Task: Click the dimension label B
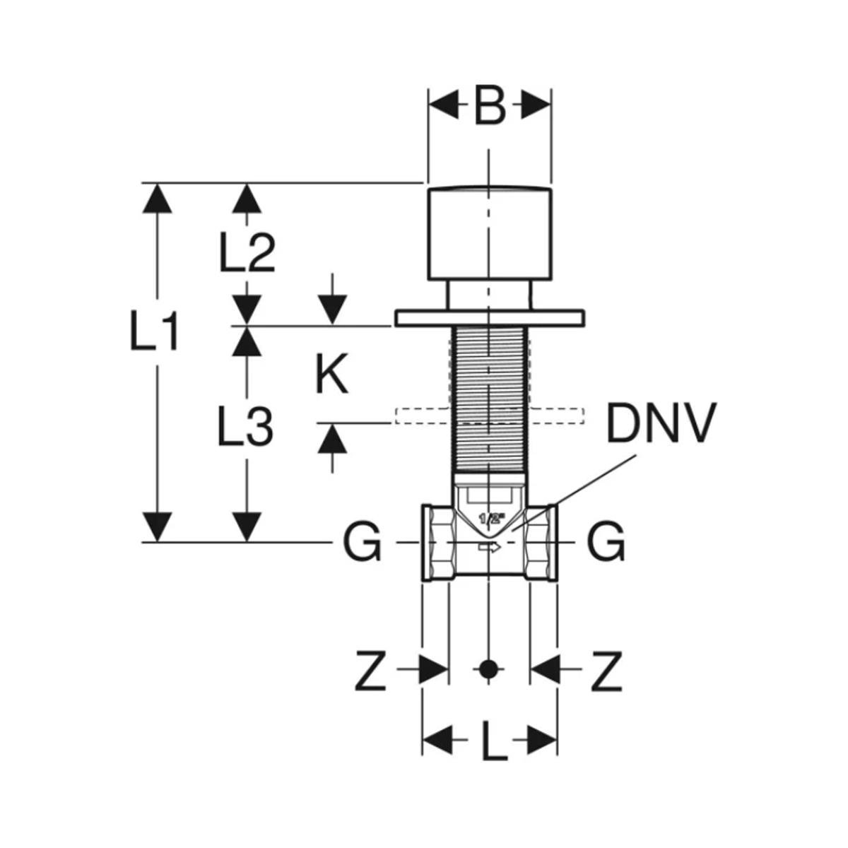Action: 490,106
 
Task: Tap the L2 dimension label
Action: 247,252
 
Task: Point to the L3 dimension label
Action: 245,425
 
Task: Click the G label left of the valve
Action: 362,543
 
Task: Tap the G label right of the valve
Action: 606,543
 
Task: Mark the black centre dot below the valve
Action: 487,669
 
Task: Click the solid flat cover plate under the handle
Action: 489,318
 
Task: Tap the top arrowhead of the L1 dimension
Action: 155,197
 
